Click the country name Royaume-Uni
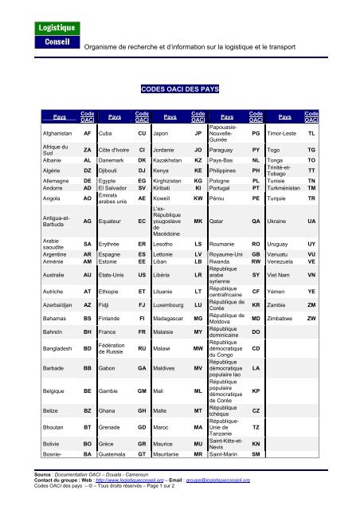click(x=228, y=253)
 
